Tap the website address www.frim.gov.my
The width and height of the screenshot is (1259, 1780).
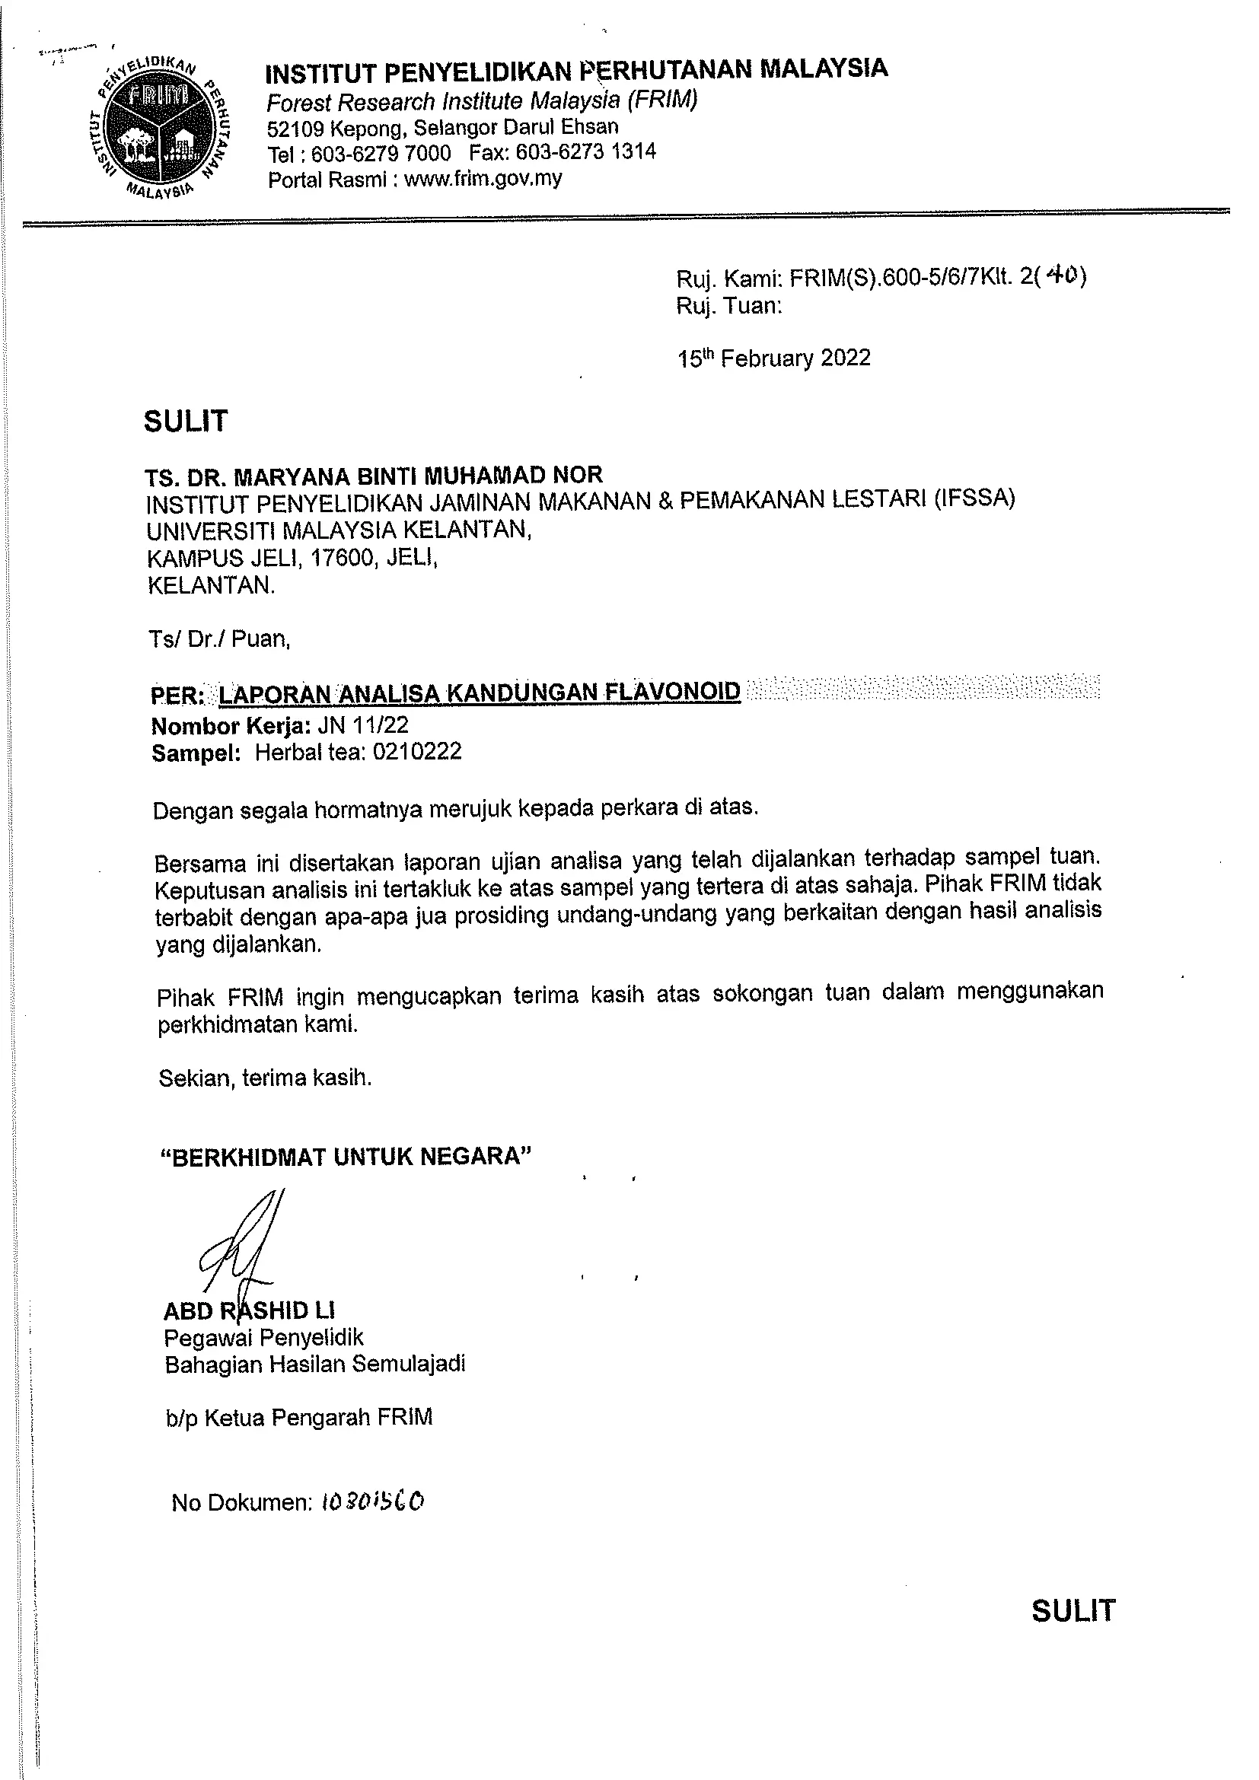(x=483, y=179)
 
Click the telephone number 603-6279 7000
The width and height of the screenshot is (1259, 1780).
(x=381, y=153)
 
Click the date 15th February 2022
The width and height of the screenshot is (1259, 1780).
(x=773, y=358)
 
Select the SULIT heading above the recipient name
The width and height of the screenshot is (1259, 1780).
(x=186, y=421)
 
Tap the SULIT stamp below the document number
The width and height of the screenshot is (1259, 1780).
(x=1073, y=1611)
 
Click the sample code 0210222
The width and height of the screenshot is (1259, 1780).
(x=417, y=751)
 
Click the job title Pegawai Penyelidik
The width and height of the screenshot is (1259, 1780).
(x=263, y=1337)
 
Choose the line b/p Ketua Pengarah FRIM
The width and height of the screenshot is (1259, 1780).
(x=298, y=1417)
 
